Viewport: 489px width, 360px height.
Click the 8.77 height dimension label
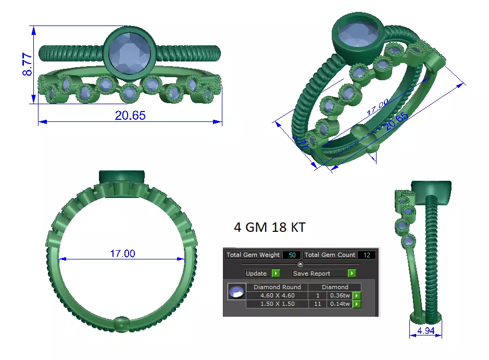[x=27, y=65]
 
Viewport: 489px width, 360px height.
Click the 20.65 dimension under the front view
[x=130, y=116]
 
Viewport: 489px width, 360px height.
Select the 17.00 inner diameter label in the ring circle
[x=122, y=254]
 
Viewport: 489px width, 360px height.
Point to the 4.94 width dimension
[x=425, y=330]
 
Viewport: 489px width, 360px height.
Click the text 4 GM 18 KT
[x=269, y=228]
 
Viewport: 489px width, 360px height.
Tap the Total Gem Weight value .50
[x=292, y=255]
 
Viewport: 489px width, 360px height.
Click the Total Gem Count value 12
[x=367, y=255]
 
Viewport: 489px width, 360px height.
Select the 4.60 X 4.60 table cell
[x=277, y=295]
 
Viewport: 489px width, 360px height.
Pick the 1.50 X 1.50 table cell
[x=277, y=303]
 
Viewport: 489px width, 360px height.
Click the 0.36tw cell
[x=339, y=295]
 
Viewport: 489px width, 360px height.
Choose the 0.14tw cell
[x=339, y=303]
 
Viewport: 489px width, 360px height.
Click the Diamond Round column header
[x=277, y=287]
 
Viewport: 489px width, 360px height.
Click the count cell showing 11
[x=317, y=303]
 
